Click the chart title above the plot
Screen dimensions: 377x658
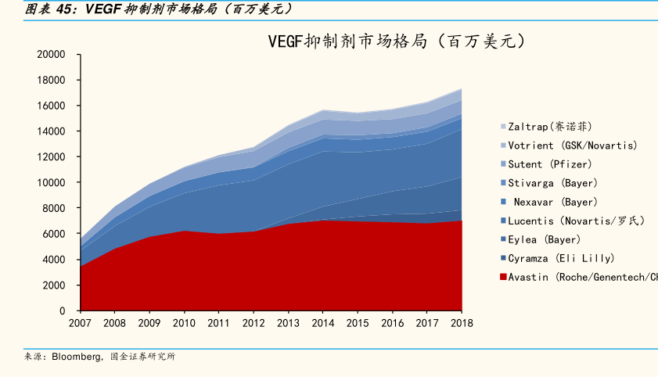(x=395, y=41)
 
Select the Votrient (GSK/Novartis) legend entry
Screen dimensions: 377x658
(x=572, y=145)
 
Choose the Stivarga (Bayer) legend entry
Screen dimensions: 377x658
(x=552, y=183)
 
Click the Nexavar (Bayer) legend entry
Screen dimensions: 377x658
(x=555, y=202)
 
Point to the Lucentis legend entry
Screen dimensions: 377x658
(x=576, y=221)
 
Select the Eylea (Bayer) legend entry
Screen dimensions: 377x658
(x=544, y=239)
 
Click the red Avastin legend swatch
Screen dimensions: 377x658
(x=503, y=277)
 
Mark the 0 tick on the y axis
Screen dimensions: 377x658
(x=62, y=311)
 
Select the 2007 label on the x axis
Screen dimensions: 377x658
(x=81, y=323)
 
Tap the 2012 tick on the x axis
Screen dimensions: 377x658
(x=253, y=323)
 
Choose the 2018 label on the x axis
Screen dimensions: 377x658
(x=461, y=323)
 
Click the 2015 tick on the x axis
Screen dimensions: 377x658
(x=358, y=323)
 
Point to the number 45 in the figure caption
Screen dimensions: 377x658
(x=67, y=9)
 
